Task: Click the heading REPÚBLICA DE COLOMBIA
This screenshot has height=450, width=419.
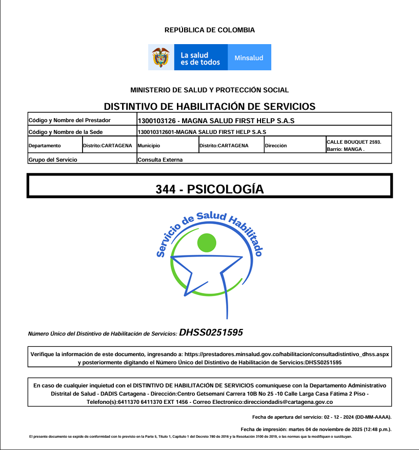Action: [x=209, y=30]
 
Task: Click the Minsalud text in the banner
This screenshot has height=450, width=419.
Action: [x=249, y=58]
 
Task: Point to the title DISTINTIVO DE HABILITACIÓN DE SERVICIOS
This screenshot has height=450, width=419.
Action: [x=209, y=107]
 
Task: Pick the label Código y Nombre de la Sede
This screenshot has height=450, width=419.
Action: [x=65, y=132]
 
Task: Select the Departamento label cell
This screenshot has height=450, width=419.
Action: [x=45, y=146]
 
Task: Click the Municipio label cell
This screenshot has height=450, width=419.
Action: [x=149, y=146]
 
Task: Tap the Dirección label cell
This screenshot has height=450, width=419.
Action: [x=276, y=146]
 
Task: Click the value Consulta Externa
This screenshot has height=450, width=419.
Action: [x=160, y=160]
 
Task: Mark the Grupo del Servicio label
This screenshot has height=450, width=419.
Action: [x=53, y=160]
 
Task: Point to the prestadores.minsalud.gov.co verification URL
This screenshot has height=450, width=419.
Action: [x=287, y=355]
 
